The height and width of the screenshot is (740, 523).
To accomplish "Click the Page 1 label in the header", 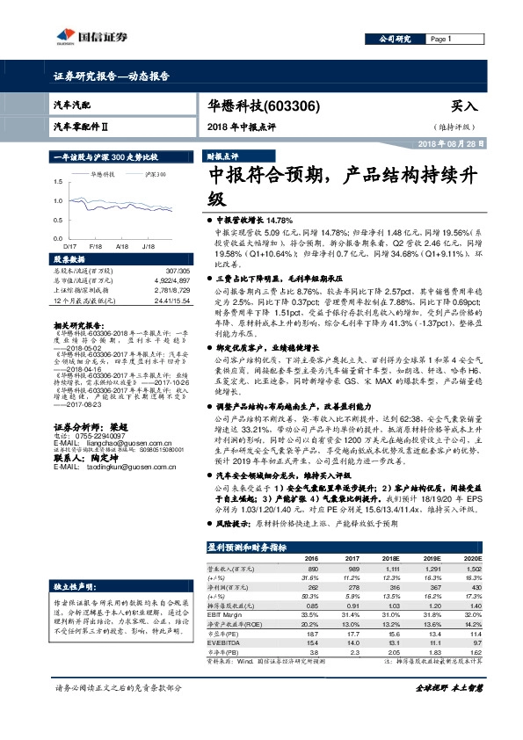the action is pos(440,40).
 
